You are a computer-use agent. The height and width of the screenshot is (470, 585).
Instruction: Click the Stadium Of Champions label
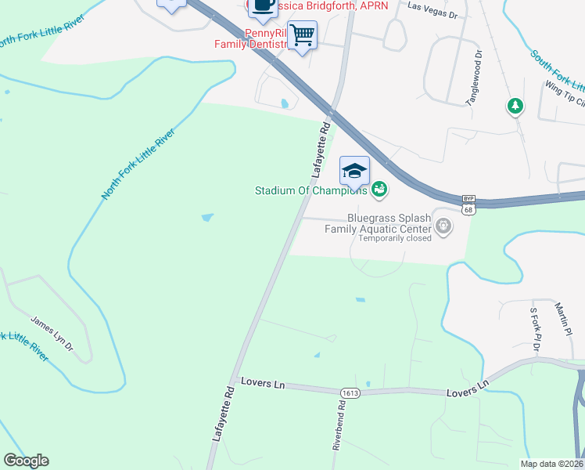pos(311,190)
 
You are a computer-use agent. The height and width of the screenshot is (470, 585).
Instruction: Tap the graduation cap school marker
pos(354,170)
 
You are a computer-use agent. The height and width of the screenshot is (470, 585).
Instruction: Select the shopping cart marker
pos(302,34)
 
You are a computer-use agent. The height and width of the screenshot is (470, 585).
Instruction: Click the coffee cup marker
pos(261,6)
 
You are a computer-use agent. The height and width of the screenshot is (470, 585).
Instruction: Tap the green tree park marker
pos(515,105)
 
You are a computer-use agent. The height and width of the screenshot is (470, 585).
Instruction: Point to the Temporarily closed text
pos(395,238)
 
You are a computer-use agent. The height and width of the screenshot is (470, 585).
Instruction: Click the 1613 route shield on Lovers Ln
pos(350,392)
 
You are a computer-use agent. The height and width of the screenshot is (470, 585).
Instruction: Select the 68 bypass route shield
pos(468,205)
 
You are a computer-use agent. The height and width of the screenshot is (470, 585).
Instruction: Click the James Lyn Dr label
pos(52,333)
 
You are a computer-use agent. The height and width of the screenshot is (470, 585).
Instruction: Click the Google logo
pos(26,461)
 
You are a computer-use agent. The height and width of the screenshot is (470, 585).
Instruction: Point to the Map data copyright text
pos(552,464)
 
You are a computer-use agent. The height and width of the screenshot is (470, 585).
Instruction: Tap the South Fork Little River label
pos(557,70)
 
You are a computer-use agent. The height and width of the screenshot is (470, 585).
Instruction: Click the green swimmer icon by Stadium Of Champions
pos(379,189)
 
